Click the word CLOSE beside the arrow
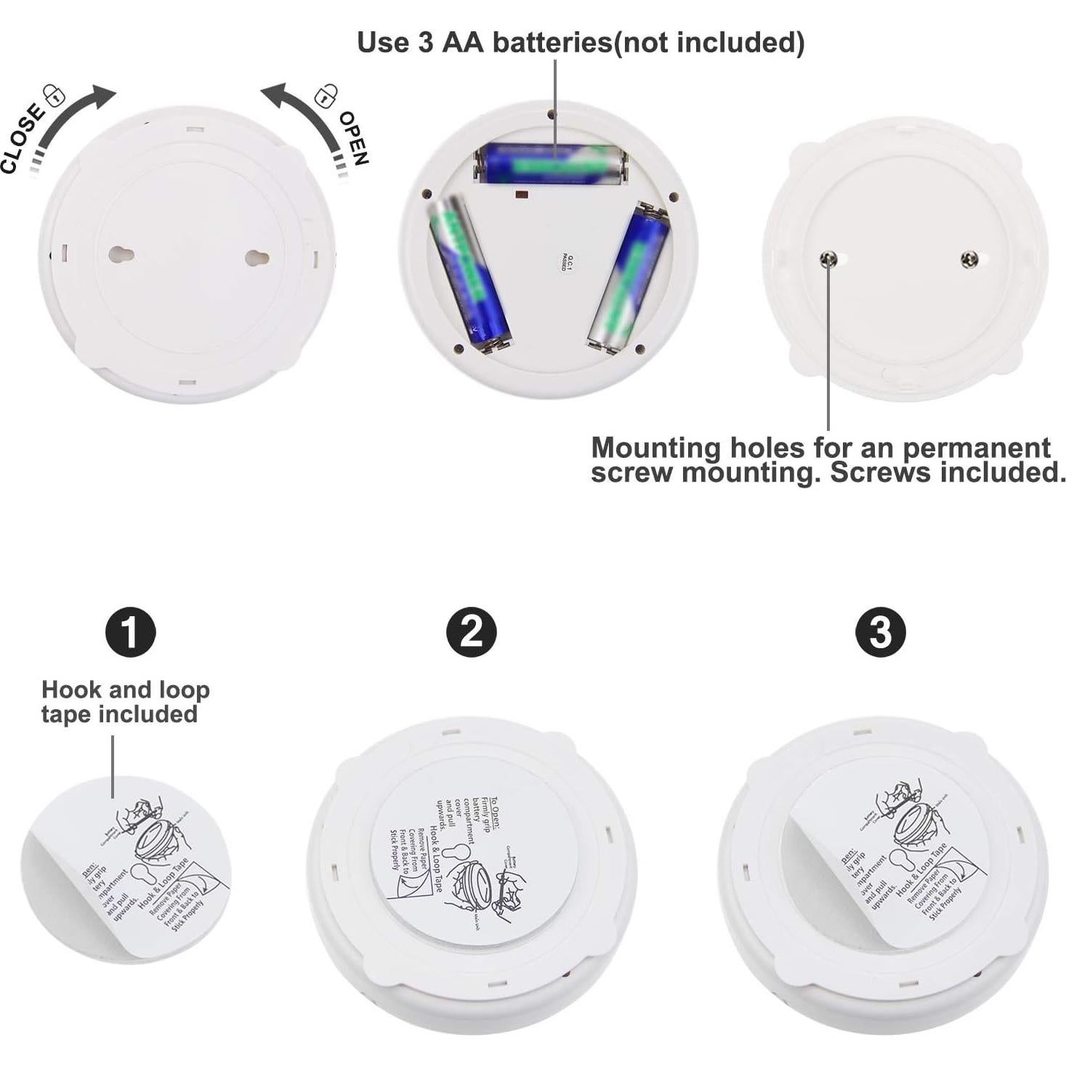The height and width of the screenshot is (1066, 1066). [22, 138]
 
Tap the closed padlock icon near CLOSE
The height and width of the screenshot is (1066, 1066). [54, 94]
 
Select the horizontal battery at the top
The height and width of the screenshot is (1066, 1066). [551, 164]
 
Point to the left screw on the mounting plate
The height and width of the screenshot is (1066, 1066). [828, 259]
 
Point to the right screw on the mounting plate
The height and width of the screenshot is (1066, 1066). [969, 259]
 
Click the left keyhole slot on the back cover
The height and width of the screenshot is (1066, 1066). [121, 255]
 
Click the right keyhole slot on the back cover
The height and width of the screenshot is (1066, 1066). [257, 257]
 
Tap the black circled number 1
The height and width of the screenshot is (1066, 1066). [131, 631]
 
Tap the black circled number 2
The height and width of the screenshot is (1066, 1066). [471, 631]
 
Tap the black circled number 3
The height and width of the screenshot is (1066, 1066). [880, 631]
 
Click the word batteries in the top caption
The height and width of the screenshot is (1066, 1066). [552, 43]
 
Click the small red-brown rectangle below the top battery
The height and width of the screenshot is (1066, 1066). [520, 195]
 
